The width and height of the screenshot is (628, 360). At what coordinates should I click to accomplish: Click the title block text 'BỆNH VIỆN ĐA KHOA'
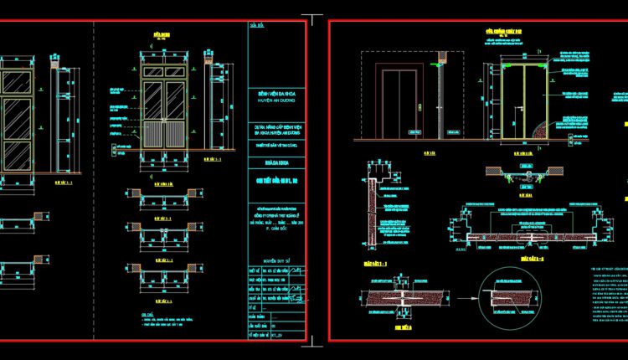click(275, 90)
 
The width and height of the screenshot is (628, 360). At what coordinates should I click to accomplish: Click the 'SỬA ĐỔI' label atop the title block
click(256, 26)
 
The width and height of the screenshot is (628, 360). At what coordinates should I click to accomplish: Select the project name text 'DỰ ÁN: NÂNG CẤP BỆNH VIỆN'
click(275, 129)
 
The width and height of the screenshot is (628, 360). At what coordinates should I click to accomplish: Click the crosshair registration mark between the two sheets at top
click(314, 18)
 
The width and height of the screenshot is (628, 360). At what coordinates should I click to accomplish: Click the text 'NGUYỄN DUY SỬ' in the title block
click(275, 262)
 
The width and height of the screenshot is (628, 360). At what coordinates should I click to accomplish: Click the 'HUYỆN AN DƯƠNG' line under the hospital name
click(275, 98)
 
